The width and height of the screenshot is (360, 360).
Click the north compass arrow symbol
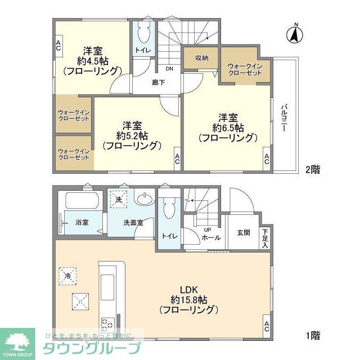(x=293, y=34)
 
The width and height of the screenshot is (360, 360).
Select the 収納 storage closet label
(x=202, y=58)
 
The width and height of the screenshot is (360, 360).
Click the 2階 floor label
(x=313, y=169)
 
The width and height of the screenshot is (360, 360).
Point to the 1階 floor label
(x=313, y=336)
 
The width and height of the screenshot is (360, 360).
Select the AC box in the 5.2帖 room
(x=177, y=159)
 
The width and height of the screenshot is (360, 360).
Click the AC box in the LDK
(x=266, y=326)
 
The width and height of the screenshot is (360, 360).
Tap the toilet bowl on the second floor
(x=142, y=34)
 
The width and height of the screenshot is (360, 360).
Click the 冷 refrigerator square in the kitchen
(x=68, y=276)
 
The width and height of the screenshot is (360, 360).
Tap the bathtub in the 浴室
(x=82, y=201)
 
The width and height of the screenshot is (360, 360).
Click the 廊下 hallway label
(x=159, y=82)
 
